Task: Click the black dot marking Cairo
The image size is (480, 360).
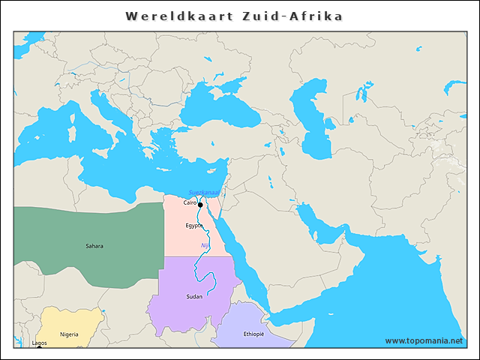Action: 200,205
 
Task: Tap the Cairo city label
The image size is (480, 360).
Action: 190,202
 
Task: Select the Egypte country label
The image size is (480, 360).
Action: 194,225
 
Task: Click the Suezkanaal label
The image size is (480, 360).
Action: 203,192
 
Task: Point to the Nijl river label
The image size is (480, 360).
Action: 205,245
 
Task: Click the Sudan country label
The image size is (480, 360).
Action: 194,297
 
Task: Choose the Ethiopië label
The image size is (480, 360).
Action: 254,334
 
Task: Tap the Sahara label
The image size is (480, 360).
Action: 94,246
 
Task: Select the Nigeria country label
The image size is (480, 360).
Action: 69,334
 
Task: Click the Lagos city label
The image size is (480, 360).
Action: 39,343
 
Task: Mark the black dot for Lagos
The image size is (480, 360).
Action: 39,348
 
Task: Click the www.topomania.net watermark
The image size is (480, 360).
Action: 424,340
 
